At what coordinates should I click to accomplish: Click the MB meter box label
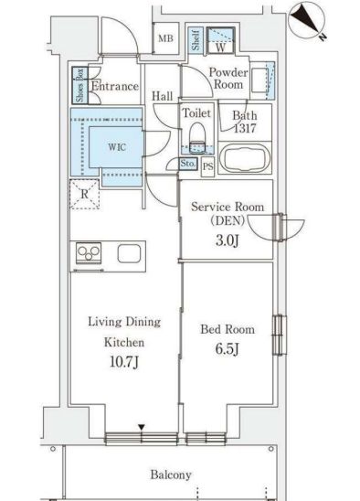165,38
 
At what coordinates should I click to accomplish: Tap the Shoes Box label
79,85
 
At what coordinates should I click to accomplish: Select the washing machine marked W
220,40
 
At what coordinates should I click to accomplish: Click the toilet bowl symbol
197,137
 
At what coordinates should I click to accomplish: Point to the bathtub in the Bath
245,158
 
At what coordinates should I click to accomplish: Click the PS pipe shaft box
208,166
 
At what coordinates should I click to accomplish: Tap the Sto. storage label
187,164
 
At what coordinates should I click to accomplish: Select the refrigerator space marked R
84,194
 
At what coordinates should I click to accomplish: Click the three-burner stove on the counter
89,252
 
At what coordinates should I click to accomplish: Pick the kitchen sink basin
129,253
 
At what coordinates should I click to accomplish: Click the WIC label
117,147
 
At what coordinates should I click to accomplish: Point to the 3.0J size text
227,240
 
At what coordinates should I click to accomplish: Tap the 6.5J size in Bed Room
228,348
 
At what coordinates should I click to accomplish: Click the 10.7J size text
124,362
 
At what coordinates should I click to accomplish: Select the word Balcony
171,474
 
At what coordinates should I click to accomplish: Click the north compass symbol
306,20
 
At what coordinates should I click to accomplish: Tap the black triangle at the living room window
142,427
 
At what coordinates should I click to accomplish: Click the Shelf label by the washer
196,40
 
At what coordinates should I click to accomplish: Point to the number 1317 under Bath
245,128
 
